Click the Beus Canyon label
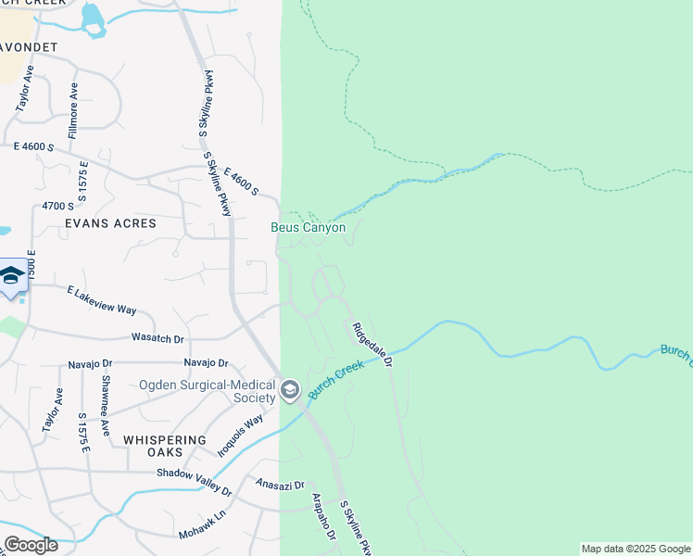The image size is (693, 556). (308, 227)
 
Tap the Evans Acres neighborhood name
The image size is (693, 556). (110, 223)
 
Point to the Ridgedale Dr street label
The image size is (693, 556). (372, 345)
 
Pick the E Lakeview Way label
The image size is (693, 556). (102, 299)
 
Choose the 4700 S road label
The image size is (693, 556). (57, 206)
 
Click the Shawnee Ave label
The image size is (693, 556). (106, 412)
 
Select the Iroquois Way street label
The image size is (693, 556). (234, 435)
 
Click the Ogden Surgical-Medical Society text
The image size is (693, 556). (208, 391)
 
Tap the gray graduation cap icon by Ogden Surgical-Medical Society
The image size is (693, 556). (290, 389)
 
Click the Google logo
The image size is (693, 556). (31, 545)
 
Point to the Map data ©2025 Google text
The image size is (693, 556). (635, 549)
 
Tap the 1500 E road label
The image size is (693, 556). (31, 267)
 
